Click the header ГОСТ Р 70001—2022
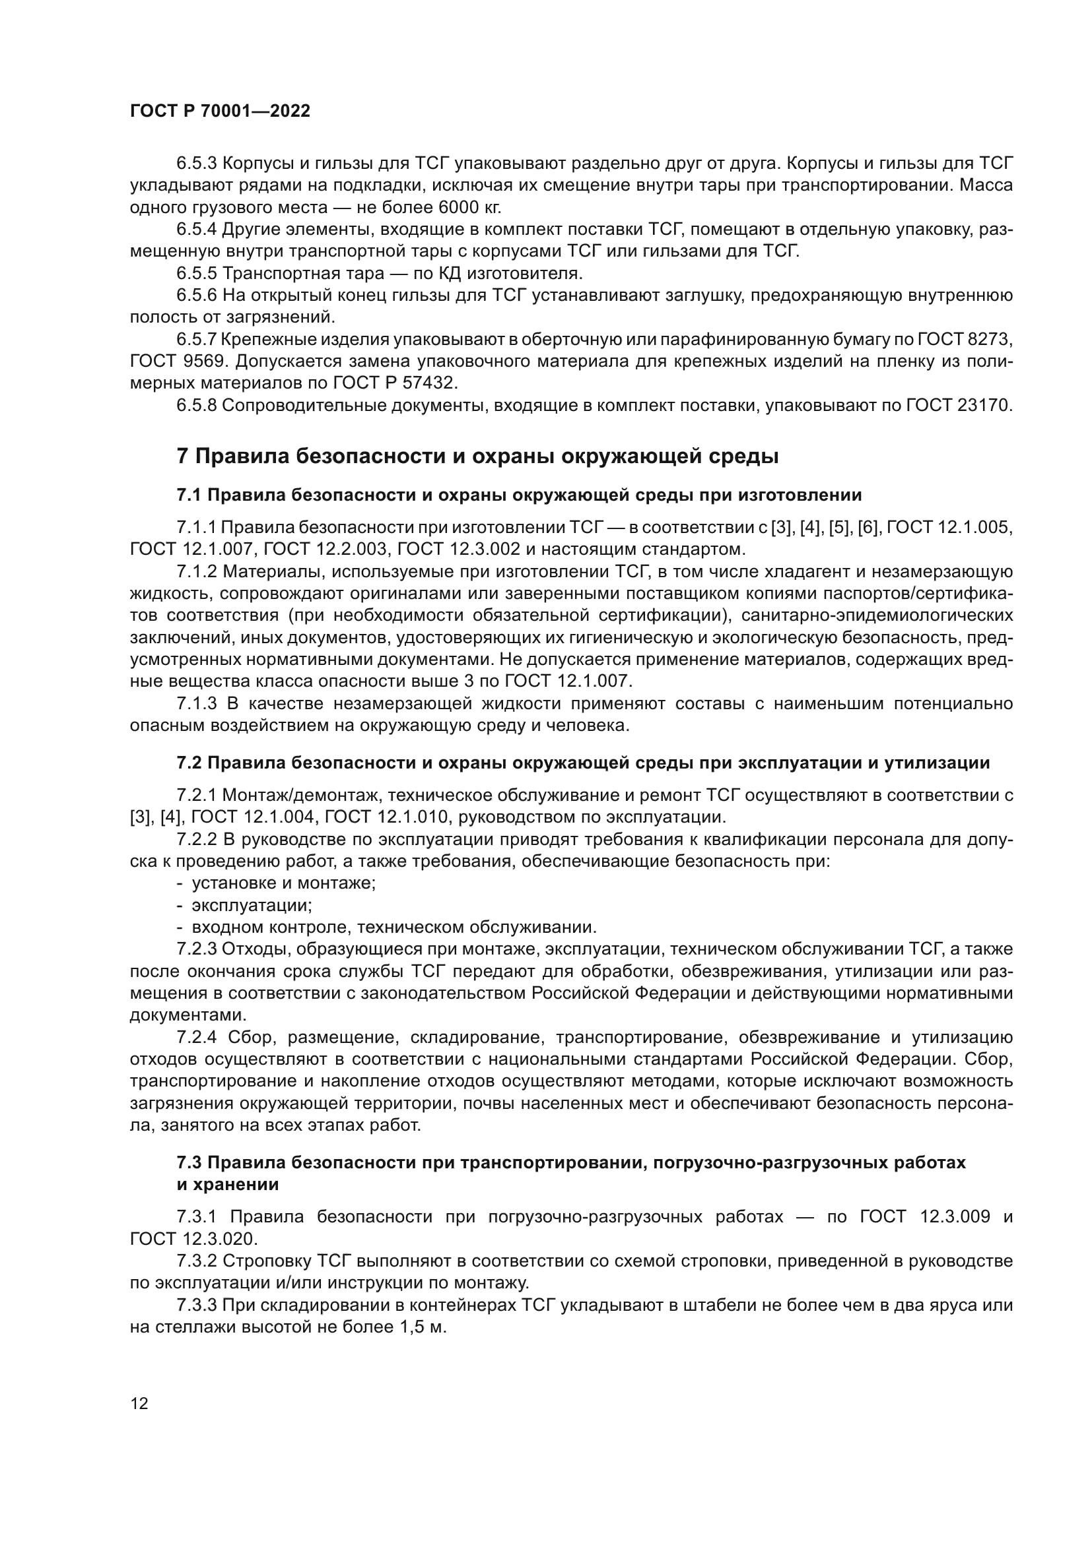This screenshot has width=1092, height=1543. (x=220, y=111)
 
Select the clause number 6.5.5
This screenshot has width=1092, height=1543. (x=196, y=274)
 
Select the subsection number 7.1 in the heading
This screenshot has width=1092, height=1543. (x=188, y=495)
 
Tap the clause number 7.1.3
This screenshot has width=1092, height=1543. (x=196, y=704)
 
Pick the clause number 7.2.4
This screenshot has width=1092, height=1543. (x=196, y=1038)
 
